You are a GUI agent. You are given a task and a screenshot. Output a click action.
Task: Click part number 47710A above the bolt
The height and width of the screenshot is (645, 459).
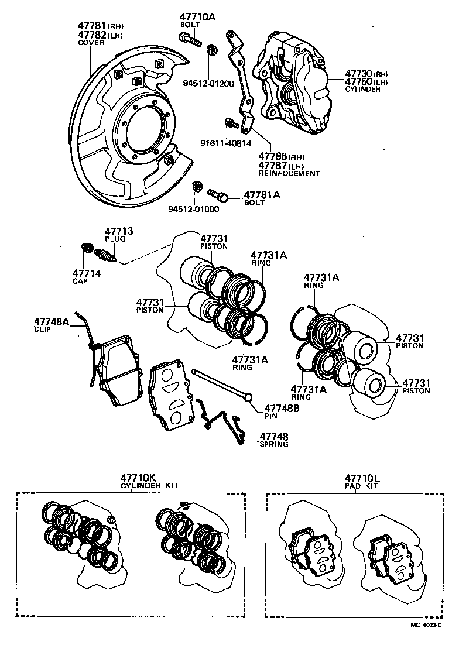pyautogui.click(x=197, y=18)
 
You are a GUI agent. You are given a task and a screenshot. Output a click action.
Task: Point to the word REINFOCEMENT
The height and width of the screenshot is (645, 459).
pyautogui.click(x=289, y=173)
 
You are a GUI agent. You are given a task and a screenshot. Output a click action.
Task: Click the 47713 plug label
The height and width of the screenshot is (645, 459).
pyautogui.click(x=118, y=232)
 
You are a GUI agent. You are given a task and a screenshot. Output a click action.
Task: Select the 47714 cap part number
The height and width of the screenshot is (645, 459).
pyautogui.click(x=87, y=273)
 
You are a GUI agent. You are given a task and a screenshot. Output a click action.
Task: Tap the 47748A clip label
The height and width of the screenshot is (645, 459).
pyautogui.click(x=52, y=321)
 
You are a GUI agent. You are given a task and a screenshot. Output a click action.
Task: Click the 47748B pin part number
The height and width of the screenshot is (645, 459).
pyautogui.click(x=282, y=409)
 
